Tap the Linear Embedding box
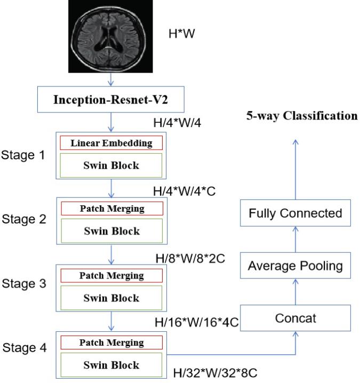[x=111, y=143]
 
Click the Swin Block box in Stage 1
[x=111, y=165]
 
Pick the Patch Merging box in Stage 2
[x=111, y=209]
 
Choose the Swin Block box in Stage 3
[x=111, y=298]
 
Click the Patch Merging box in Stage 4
[x=111, y=342]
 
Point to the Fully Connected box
[x=296, y=213]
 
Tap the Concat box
[x=296, y=318]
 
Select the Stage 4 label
[x=26, y=349]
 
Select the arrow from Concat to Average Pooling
[x=296, y=292]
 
